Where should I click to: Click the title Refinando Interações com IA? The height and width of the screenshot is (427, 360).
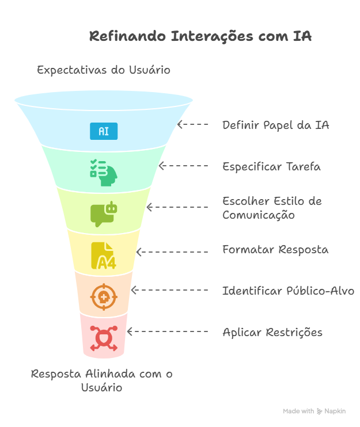click(200, 36)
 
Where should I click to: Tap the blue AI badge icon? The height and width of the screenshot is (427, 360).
click(104, 131)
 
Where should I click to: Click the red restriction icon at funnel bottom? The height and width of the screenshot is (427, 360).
click(104, 338)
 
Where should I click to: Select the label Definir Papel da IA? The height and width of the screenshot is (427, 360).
click(276, 125)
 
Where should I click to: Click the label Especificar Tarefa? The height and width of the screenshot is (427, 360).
click(271, 167)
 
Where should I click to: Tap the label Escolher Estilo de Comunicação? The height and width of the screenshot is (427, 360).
click(272, 208)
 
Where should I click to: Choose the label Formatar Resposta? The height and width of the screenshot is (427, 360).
click(275, 250)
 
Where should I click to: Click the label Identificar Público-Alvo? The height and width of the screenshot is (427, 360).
click(288, 291)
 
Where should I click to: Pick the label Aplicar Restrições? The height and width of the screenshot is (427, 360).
click(272, 333)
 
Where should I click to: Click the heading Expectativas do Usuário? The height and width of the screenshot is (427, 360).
click(104, 70)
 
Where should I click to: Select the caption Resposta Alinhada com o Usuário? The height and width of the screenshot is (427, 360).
click(102, 381)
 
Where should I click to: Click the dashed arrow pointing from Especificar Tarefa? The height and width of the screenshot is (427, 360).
click(183, 166)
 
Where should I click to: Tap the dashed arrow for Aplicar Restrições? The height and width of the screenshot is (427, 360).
click(167, 331)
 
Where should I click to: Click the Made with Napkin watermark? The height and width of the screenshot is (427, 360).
click(314, 411)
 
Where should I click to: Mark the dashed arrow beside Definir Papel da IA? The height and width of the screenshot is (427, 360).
click(193, 124)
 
